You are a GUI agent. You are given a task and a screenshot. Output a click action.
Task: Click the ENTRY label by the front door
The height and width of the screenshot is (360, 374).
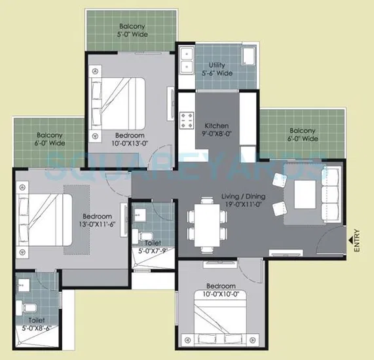357,240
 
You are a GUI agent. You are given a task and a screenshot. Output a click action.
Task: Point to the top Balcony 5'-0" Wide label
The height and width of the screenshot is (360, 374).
133,31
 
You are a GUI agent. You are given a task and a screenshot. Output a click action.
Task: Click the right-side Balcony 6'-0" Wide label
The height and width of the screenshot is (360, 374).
303,135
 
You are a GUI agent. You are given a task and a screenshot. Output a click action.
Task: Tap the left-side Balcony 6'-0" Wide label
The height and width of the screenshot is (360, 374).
50,139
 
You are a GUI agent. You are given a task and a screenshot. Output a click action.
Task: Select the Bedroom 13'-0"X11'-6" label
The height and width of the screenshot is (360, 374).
97,221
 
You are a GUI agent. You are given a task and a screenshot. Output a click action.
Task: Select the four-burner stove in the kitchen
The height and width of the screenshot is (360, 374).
187,121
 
